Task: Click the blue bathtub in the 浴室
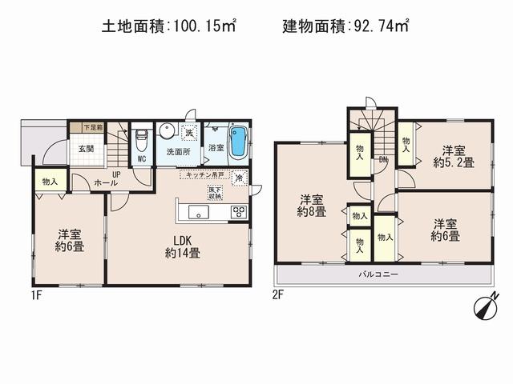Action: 238,142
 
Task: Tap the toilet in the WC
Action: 141,142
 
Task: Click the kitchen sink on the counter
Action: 198,212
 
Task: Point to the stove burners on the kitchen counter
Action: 239,212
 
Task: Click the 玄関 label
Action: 86,149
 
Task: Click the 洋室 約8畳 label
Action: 312,206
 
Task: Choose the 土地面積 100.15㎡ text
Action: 168,26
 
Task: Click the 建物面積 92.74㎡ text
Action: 345,26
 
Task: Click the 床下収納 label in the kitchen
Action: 214,192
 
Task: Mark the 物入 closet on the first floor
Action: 50,182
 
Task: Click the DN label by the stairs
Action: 384,159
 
